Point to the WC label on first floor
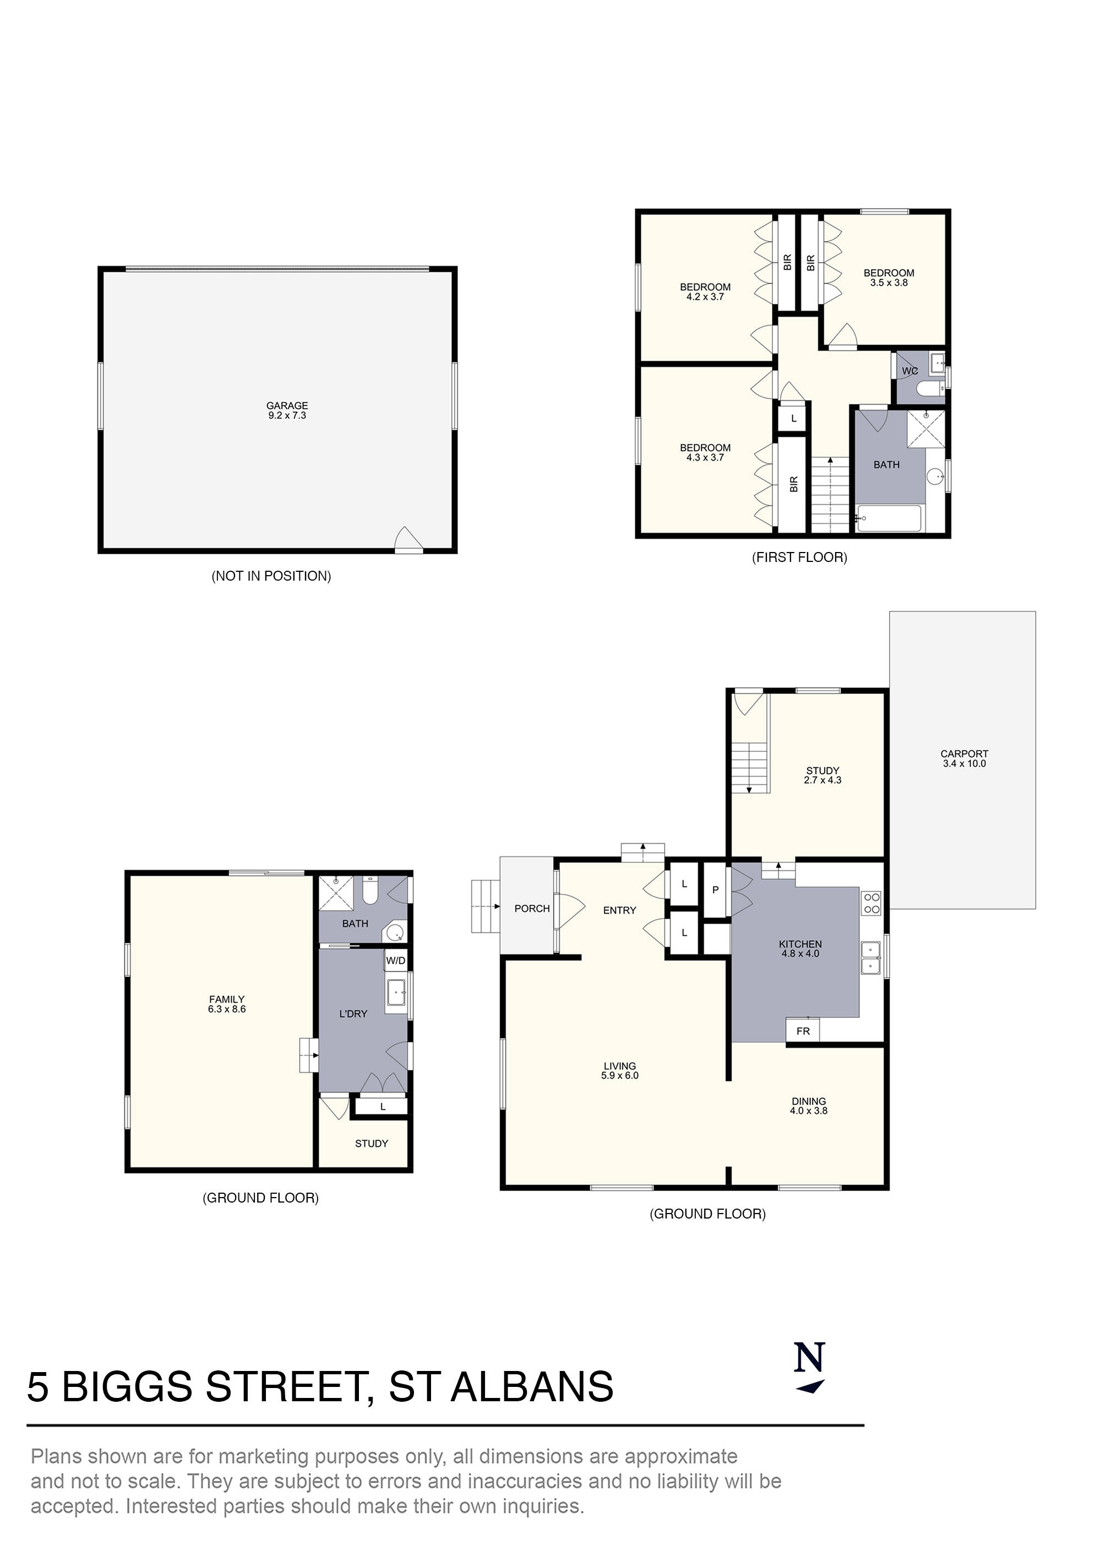[x=909, y=371]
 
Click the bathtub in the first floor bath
[x=889, y=519]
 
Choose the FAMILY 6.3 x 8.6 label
[x=227, y=1004]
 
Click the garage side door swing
[x=408, y=540]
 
